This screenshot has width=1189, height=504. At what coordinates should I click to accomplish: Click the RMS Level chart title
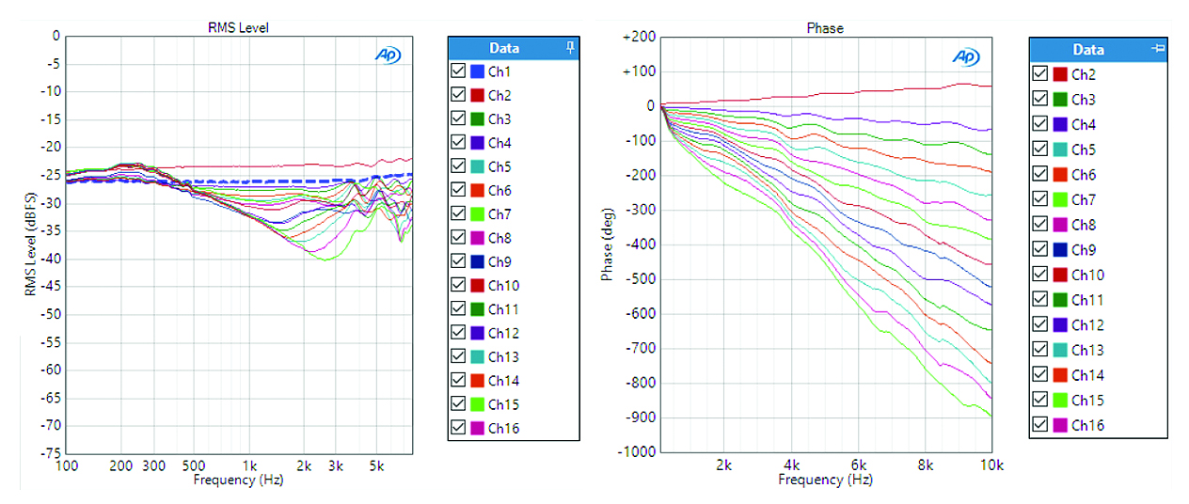[238, 28]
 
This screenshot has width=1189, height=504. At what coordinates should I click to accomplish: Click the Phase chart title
[825, 28]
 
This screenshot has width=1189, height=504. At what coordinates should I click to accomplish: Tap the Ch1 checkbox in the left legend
[458, 71]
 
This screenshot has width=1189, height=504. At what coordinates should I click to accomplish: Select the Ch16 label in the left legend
[503, 429]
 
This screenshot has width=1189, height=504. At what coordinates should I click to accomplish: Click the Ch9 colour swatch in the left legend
[477, 262]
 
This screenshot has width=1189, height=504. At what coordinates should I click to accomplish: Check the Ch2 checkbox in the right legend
[1039, 74]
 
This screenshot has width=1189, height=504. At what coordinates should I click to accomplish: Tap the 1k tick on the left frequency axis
[249, 466]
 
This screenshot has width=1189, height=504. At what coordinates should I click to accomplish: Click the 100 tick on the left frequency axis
[67, 466]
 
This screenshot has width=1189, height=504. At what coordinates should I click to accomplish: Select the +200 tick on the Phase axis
[636, 37]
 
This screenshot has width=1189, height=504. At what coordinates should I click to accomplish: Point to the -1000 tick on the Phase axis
[634, 451]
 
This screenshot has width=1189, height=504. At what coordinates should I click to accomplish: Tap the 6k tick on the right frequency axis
[859, 465]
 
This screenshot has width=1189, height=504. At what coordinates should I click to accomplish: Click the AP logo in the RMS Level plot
[388, 55]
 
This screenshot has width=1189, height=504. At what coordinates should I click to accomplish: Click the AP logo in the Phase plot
[966, 56]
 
